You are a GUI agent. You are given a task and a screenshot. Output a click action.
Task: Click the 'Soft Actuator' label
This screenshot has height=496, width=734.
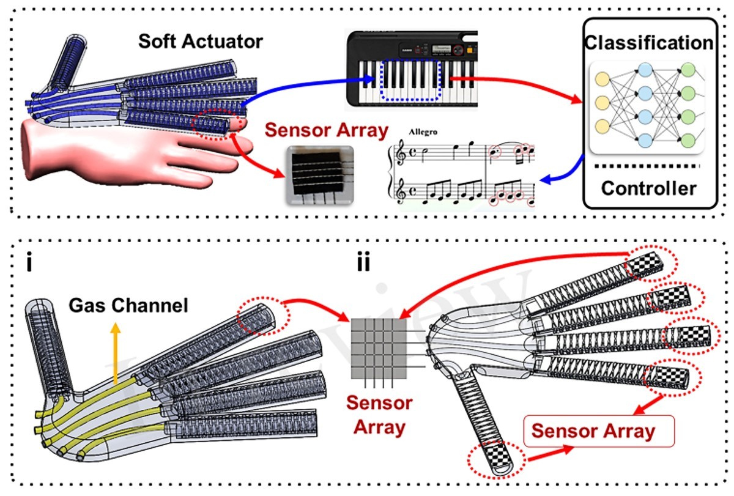(200, 42)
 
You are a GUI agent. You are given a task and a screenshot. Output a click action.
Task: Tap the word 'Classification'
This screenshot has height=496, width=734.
(648, 43)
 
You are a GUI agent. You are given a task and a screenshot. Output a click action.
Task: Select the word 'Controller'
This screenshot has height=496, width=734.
(648, 188)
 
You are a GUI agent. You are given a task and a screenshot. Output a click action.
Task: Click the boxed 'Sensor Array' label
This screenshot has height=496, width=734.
(593, 431)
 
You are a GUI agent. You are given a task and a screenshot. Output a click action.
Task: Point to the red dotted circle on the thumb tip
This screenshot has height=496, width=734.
(495, 457)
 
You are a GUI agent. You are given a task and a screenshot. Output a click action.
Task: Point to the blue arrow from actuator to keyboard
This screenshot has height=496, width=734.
(306, 86)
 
